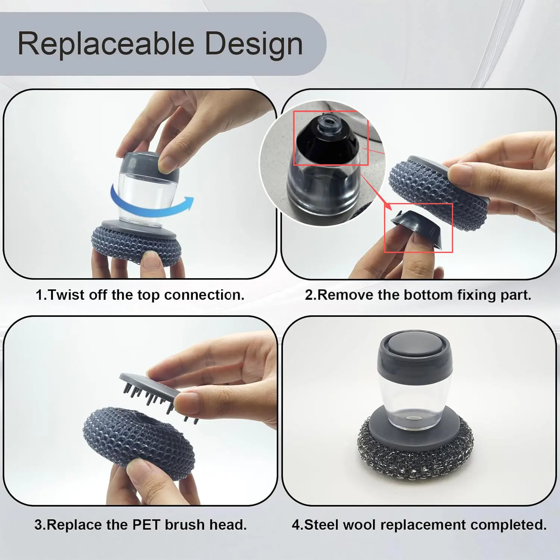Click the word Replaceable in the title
pos(106,44)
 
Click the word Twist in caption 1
pos(66,295)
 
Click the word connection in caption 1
pos(204,295)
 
